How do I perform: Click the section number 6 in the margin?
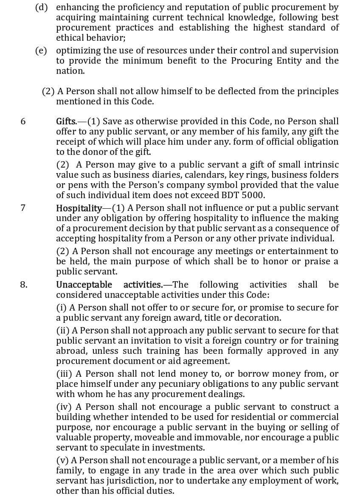point(23,121)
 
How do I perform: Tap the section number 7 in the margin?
point(23,208)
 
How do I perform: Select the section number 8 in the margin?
point(24,284)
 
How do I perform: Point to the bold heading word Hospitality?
point(79,208)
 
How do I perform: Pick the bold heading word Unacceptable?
point(84,284)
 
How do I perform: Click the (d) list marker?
point(41,7)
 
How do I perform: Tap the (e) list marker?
point(41,50)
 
